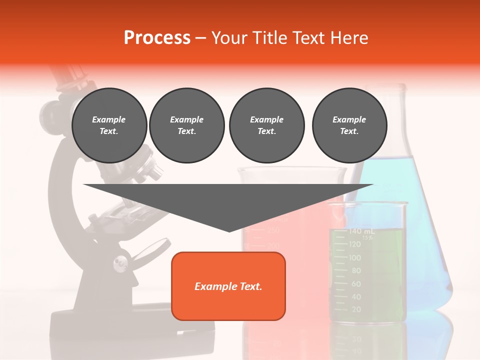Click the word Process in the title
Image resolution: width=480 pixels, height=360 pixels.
[x=157, y=37]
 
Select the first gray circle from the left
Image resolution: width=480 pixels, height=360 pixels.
[x=109, y=125]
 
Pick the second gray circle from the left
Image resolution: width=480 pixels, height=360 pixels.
[x=187, y=125]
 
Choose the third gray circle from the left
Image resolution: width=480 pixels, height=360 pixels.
[x=266, y=125]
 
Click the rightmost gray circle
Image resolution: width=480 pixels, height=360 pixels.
[x=349, y=125]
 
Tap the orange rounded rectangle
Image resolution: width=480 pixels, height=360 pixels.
[x=228, y=286]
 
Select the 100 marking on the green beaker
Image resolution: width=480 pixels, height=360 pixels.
[x=355, y=258]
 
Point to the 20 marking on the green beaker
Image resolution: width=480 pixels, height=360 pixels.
[x=356, y=310]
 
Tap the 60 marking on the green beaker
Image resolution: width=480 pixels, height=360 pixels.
[x=356, y=284]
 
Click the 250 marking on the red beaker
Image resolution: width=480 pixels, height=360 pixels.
[x=273, y=230]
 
